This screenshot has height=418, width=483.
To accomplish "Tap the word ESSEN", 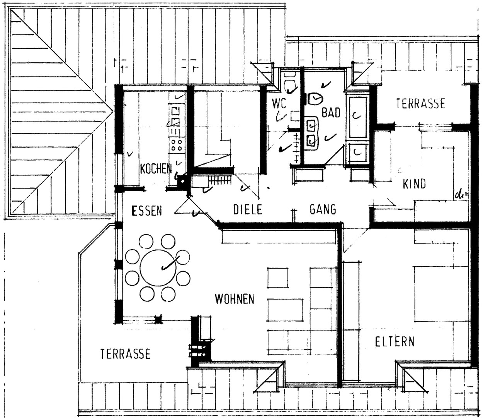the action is [147, 210].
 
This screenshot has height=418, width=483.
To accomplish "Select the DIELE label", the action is [248, 209].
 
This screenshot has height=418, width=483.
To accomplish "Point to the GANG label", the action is [323, 209].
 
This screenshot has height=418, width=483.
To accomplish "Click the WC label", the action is [279, 103].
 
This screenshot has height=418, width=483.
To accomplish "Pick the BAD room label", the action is [331, 113].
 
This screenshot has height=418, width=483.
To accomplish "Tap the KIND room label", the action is [414, 184].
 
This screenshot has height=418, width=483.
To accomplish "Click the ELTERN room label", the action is [395, 342].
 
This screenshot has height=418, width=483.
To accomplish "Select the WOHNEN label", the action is [235, 299].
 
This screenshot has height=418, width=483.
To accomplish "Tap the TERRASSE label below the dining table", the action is [125, 354].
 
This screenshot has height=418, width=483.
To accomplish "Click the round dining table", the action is [158, 267].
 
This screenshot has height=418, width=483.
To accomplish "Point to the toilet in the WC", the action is [290, 86].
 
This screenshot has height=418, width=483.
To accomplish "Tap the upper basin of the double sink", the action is [311, 127].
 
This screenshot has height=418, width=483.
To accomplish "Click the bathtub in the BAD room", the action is [357, 117].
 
